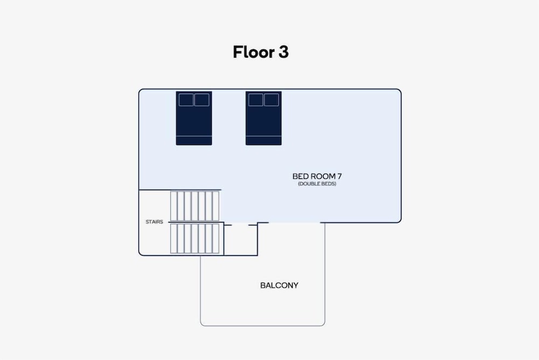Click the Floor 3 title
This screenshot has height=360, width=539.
[260, 52]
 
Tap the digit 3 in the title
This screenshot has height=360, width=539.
[284, 52]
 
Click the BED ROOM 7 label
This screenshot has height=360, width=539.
[317, 176]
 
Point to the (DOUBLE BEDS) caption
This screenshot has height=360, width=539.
[317, 184]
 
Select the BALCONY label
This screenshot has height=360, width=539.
[279, 286]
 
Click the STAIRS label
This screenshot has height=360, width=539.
[154, 222]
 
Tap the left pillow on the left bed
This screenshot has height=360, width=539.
[186, 100]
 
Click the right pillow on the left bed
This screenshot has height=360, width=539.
[202, 100]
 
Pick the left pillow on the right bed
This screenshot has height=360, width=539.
[255, 100]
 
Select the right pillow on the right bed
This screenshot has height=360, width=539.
[271, 100]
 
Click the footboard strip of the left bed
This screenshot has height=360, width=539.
[194, 140]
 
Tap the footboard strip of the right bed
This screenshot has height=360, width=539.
[264, 140]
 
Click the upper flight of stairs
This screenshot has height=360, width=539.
[195, 206]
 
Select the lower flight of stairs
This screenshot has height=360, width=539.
[195, 239]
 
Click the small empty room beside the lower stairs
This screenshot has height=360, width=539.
[240, 240]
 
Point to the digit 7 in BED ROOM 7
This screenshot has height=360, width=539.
[340, 176]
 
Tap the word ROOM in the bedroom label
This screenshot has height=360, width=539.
[321, 176]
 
